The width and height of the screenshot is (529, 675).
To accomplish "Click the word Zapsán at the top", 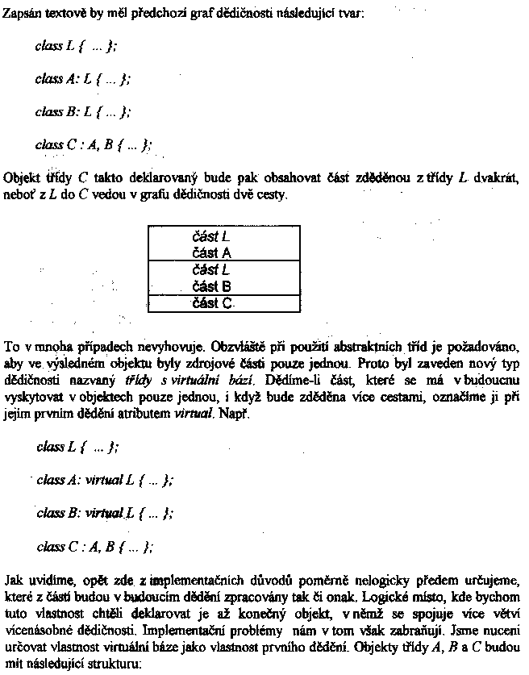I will (x=22, y=15).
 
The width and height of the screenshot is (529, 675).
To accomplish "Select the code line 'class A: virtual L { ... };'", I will (x=104, y=480).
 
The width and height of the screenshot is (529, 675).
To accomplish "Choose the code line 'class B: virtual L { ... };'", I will (x=104, y=513).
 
